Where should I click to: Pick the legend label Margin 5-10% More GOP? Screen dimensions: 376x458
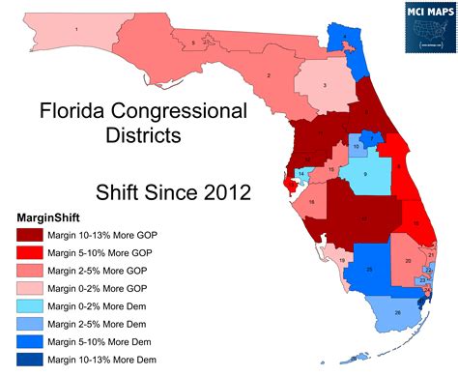pyautogui.click(x=100, y=252)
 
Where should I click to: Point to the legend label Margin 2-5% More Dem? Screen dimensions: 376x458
pyautogui.click(x=100, y=324)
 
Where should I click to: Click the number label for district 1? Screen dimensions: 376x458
pyautogui.click(x=76, y=30)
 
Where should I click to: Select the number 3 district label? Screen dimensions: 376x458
pyautogui.click(x=325, y=86)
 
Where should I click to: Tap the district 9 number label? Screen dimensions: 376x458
pyautogui.click(x=365, y=174)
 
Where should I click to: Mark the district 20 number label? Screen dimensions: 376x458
pyautogui.click(x=409, y=262)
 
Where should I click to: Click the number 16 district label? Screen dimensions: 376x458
pyautogui.click(x=311, y=202)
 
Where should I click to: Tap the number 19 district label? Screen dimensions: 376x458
pyautogui.click(x=342, y=259)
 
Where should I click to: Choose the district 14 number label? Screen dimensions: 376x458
pyautogui.click(x=301, y=174)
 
